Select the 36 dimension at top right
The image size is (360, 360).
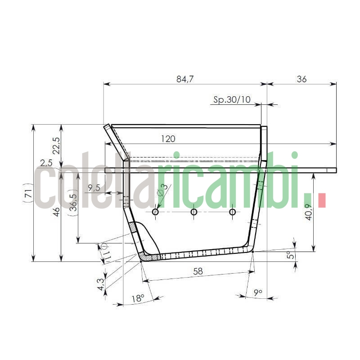click(x=301, y=79)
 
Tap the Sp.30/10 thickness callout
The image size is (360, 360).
click(x=232, y=99)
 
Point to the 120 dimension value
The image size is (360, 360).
click(x=168, y=139)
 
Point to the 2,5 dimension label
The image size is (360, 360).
click(x=46, y=162)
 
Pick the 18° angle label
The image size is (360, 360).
click(x=138, y=298)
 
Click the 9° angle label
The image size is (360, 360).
click(x=258, y=293)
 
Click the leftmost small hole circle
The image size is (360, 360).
click(x=155, y=212)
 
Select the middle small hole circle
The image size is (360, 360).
click(x=194, y=212)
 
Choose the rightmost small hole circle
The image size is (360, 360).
click(x=232, y=212)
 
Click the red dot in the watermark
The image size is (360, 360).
click(x=322, y=200)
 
